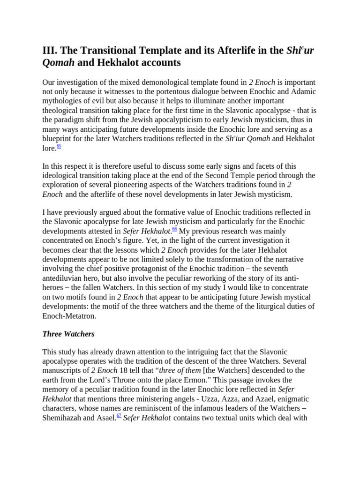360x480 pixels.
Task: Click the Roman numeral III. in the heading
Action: click(x=50, y=50)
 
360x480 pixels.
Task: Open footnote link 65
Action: click(x=59, y=146)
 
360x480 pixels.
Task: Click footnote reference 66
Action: click(x=174, y=229)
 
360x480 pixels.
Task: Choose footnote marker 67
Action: click(x=119, y=415)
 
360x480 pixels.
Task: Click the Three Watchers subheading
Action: click(x=68, y=334)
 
